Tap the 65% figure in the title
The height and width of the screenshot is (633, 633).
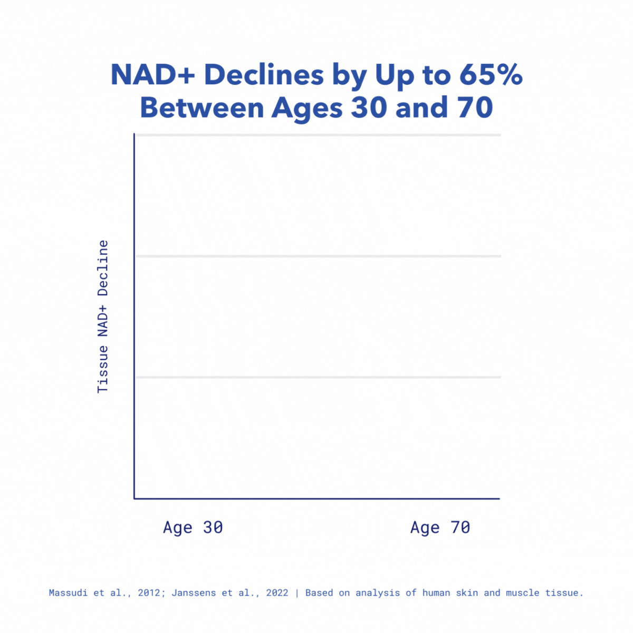click(x=491, y=75)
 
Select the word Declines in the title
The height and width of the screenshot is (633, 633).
click(x=264, y=75)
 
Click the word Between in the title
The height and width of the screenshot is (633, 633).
click(x=202, y=108)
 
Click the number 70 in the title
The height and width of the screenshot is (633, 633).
click(x=471, y=108)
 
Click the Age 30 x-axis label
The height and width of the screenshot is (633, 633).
click(x=193, y=527)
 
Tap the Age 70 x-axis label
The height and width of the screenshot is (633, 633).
click(x=440, y=527)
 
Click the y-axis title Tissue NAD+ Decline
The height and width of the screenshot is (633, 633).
click(x=103, y=316)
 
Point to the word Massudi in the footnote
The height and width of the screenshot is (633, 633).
click(x=69, y=593)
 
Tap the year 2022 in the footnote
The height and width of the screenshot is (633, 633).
click(x=277, y=593)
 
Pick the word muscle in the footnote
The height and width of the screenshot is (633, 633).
click(x=523, y=593)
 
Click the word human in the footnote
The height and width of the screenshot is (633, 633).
click(x=436, y=593)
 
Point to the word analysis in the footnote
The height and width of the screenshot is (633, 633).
click(x=378, y=593)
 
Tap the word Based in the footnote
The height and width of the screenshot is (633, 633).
click(x=319, y=593)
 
